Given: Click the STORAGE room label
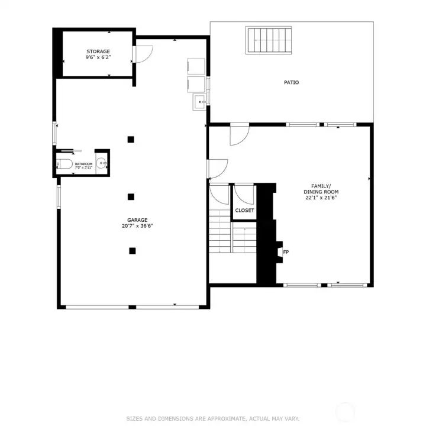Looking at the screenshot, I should click(x=98, y=51).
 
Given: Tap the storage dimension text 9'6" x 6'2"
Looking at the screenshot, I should click(x=98, y=58).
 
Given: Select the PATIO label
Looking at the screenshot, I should click(x=291, y=82).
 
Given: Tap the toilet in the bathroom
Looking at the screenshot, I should click(x=63, y=164).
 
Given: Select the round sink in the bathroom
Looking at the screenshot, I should click(x=102, y=164).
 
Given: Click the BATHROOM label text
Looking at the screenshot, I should click(x=83, y=164).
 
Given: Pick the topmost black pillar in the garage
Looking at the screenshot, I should click(x=131, y=140).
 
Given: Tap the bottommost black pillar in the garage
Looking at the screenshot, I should click(x=132, y=251).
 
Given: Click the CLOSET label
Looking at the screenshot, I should click(x=244, y=210).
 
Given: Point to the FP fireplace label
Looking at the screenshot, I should click(x=286, y=253).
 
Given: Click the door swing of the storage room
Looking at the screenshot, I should click(x=145, y=53).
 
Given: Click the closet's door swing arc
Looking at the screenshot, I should click(x=243, y=194).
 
